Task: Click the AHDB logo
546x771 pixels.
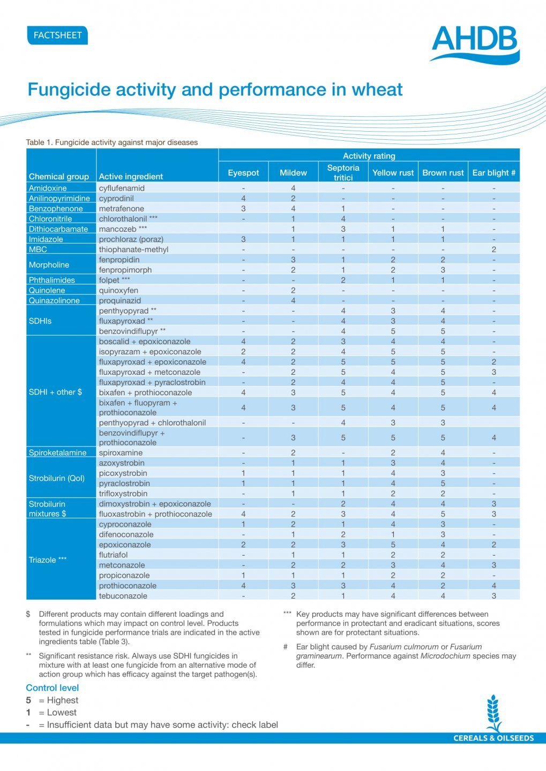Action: tap(475, 44)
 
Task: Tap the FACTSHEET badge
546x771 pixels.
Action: tap(57, 35)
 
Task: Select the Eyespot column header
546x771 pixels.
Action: tap(243, 172)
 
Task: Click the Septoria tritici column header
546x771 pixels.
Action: tap(343, 172)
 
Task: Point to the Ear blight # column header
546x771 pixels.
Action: tap(493, 172)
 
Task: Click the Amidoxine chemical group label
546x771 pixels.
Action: tap(48, 188)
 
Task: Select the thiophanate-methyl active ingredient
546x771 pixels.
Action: tap(133, 249)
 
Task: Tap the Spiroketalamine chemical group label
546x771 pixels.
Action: tap(57, 452)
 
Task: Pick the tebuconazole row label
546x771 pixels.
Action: tap(123, 595)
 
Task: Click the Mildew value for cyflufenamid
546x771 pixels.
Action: tap(293, 188)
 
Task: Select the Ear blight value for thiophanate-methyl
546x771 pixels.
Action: tap(493, 249)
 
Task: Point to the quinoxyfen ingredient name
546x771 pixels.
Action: tap(118, 290)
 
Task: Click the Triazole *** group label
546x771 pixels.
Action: tap(48, 560)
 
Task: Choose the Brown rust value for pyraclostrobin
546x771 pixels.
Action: tap(443, 483)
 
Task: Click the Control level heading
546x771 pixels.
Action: tap(53, 688)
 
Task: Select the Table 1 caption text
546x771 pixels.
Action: tap(112, 142)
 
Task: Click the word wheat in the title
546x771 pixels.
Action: tap(375, 89)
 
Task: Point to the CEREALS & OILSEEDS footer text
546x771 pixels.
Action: tap(493, 738)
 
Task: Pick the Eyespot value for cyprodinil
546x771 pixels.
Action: tap(243, 198)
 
